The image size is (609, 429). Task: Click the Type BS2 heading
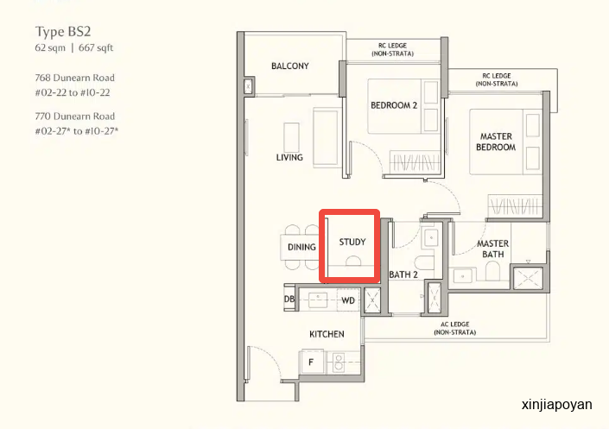(63, 32)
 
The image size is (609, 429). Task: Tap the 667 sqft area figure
(96, 47)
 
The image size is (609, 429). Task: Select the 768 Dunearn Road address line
(74, 78)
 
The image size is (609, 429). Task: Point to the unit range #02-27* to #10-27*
(77, 131)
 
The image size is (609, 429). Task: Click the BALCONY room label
(290, 66)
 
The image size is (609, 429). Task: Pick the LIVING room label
(289, 157)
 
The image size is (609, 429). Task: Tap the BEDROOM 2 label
(394, 105)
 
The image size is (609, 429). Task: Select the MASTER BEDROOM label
(496, 142)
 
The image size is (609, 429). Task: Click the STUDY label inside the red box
(352, 242)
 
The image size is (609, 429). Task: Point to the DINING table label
(301, 247)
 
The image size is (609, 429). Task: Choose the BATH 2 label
(403, 274)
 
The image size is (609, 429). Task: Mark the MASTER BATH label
(492, 249)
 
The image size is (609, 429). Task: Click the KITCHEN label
(327, 334)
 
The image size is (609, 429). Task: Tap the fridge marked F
(311, 362)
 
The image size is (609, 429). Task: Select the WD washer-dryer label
(348, 300)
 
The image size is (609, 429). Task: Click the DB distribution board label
(289, 299)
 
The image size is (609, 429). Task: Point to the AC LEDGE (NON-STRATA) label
(455, 328)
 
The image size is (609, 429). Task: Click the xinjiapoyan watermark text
(557, 405)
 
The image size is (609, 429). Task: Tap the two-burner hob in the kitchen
(339, 363)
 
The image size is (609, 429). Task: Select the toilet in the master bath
(492, 270)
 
